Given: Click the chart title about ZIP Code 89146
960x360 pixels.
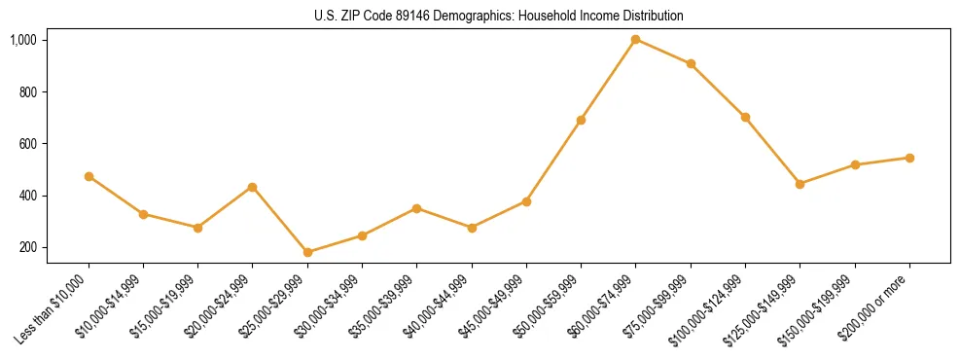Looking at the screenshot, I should [x=499, y=16].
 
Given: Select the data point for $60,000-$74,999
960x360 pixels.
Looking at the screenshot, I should [x=636, y=40].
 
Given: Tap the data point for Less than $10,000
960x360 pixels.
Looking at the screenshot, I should [x=89, y=177].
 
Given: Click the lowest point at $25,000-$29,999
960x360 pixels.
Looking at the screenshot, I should [x=307, y=252].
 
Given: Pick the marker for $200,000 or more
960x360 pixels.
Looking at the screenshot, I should [x=909, y=158].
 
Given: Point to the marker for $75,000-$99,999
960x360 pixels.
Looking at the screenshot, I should [x=691, y=64].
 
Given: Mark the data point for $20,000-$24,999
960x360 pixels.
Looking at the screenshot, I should [x=253, y=187].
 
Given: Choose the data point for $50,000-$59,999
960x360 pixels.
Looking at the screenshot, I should [x=581, y=120].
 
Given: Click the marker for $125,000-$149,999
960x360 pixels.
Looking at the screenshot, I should [x=800, y=184].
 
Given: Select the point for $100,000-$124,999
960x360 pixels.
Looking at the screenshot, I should [x=745, y=118].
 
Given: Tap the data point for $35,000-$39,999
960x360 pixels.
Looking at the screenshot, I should [x=416, y=208].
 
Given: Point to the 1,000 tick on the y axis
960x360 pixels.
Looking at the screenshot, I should [x=23, y=40].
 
